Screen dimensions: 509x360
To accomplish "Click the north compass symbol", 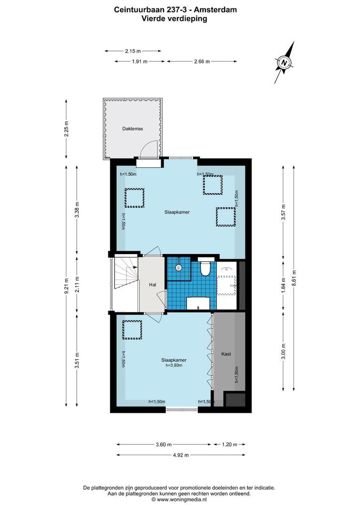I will [284, 62].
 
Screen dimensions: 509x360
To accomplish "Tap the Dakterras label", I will [132, 128].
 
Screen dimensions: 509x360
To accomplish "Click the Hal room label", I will [152, 285].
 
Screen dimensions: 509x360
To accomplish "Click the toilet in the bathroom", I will [205, 269].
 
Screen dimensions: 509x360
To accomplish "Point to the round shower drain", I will [178, 268].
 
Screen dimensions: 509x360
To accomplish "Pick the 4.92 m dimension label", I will [180, 455].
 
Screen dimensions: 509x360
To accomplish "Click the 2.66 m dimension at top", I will [201, 61].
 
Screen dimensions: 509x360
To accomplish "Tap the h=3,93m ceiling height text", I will [173, 365].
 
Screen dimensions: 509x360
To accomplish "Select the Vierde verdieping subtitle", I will [174, 18].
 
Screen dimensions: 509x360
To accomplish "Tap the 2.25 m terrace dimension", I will [66, 129].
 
